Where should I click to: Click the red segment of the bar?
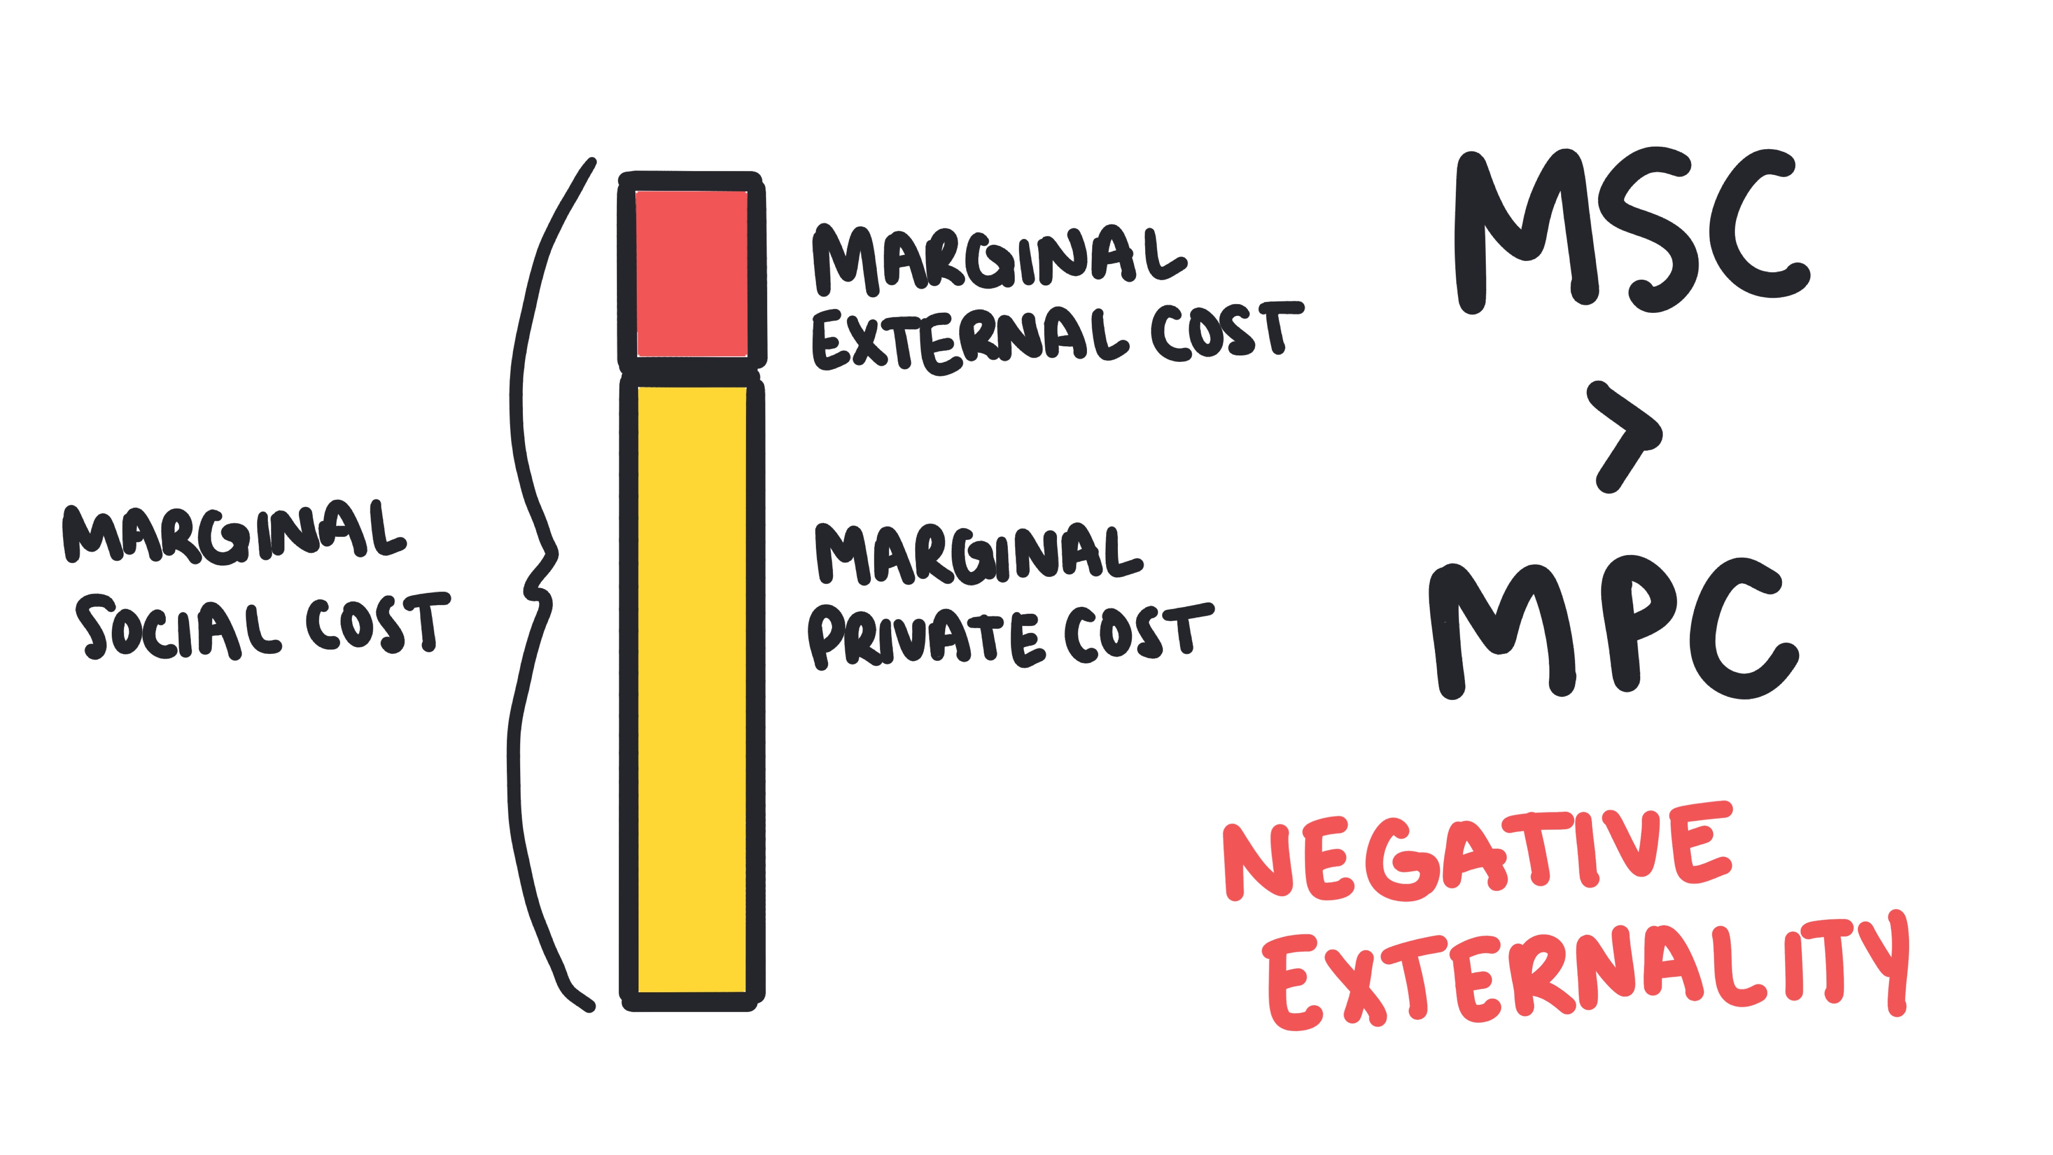pos(691,273)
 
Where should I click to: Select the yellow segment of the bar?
pos(691,690)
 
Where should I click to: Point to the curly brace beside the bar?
pos(534,586)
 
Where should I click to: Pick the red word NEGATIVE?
pos(1478,853)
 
